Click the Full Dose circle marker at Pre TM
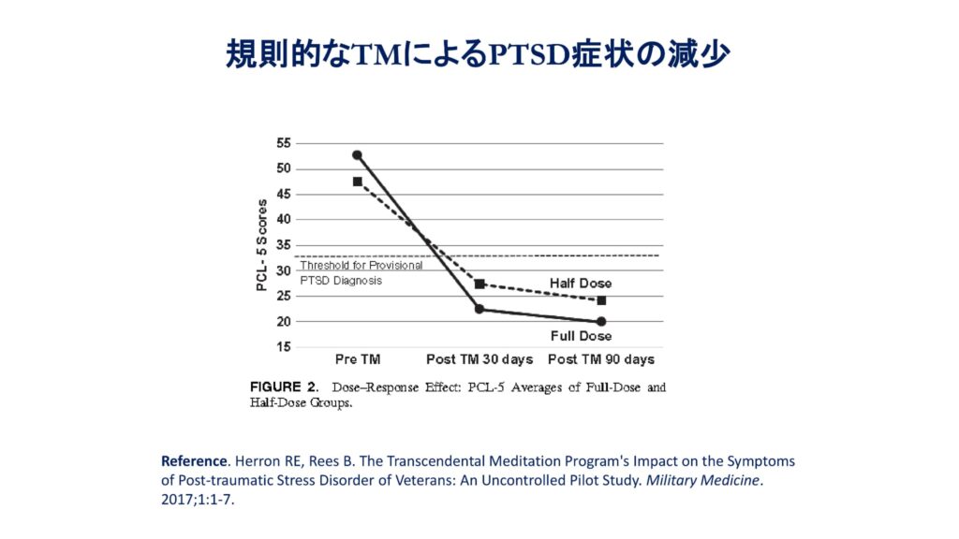[357, 155]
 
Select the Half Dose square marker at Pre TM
[357, 182]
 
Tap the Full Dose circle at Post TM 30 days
[479, 309]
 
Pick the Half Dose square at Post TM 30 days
[479, 284]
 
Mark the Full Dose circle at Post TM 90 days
[601, 321]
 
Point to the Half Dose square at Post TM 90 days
[601, 300]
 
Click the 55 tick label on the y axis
[283, 143]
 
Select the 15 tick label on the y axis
[283, 347]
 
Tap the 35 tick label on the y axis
[283, 245]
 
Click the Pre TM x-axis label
[357, 359]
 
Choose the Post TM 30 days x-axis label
[479, 359]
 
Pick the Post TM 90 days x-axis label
[601, 359]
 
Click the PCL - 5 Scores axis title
[262, 245]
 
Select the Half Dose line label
[581, 284]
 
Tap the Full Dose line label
[581, 336]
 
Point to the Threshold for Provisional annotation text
[361, 266]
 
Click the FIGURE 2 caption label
[284, 386]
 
